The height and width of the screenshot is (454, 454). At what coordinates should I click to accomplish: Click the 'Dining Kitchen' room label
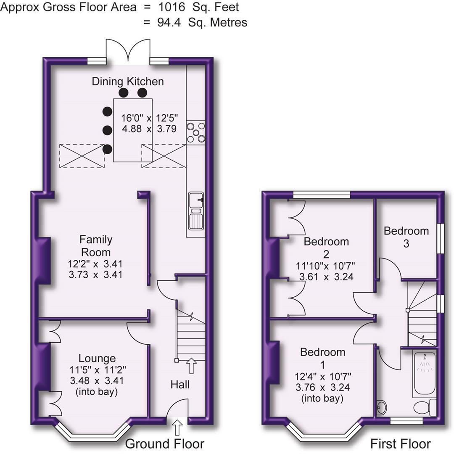point(128,81)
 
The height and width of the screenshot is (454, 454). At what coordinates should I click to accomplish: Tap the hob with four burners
point(196,132)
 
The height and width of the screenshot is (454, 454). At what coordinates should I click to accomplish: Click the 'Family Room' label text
point(96,246)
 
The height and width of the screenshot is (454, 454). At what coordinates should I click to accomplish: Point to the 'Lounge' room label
point(97,358)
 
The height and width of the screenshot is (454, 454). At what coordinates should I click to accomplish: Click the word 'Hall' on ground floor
point(180,384)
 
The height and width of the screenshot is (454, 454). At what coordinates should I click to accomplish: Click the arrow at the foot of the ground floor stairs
point(191,366)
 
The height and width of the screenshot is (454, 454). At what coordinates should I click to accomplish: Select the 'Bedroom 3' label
point(406,237)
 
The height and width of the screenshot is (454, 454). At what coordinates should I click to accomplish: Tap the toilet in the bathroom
point(424,407)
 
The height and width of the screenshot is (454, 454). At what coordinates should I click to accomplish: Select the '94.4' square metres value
point(169,22)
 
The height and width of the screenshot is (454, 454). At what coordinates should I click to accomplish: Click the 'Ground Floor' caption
point(165,443)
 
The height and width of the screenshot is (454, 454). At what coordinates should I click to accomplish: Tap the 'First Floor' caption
point(400,443)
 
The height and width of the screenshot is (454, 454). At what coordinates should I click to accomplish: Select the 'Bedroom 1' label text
point(322,357)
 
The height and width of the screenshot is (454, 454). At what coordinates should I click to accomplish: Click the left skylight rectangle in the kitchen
point(82,156)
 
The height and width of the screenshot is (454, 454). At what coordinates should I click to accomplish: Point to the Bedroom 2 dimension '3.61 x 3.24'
point(326,277)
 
